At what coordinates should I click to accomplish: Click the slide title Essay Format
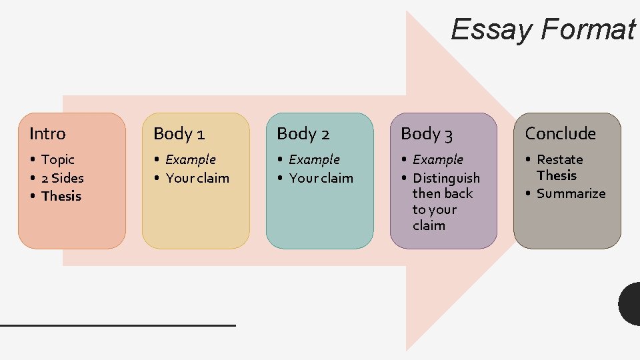point(543,29)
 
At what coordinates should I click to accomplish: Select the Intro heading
point(47,134)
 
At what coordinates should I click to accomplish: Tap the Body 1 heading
point(178,134)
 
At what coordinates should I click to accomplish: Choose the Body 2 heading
point(303,134)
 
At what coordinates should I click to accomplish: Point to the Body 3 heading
point(427,134)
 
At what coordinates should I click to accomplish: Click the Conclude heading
point(560,134)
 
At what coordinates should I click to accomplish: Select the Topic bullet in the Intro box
point(58,160)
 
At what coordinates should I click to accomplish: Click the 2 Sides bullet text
point(63,178)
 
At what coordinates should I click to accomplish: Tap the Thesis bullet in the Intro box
point(61,196)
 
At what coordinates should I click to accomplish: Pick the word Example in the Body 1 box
point(191,160)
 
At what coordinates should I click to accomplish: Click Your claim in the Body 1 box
point(197,178)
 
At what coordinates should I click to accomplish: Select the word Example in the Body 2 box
point(315,160)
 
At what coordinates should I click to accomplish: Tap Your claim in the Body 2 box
point(321,178)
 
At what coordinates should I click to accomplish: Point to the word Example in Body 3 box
point(438,160)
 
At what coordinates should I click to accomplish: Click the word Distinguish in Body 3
point(446,178)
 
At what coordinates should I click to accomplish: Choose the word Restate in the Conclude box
point(560,160)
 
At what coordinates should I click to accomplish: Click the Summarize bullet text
point(571,194)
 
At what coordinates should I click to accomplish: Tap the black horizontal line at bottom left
point(118,325)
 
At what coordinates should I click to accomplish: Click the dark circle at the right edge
point(630,303)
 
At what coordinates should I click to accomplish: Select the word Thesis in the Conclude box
point(557,175)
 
